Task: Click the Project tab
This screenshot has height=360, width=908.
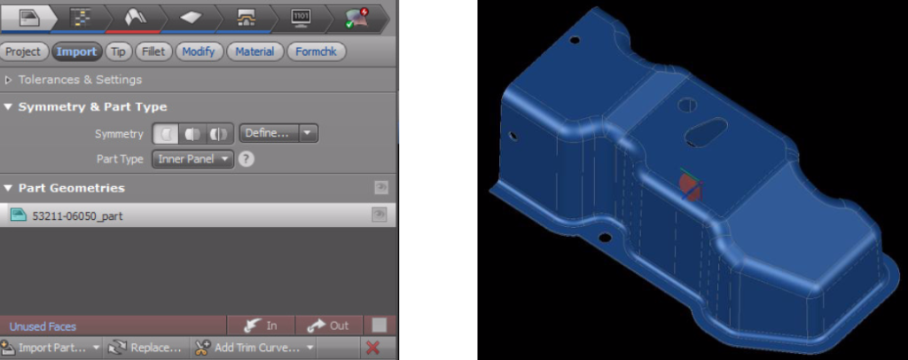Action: point(23,51)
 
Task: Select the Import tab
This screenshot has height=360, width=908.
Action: point(76,51)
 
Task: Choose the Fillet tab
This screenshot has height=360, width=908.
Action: point(153,51)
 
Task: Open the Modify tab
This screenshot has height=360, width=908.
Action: point(199,51)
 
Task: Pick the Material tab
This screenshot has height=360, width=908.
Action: point(254,51)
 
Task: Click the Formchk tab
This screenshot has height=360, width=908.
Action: point(316,51)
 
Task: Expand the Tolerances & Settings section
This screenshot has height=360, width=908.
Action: point(80,80)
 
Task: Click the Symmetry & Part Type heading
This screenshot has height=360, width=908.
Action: point(92,107)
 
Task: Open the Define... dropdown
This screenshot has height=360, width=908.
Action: point(278,134)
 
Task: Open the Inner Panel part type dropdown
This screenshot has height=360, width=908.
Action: point(192,160)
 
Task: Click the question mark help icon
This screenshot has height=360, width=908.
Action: point(247,160)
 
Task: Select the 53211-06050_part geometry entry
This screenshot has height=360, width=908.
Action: point(78,215)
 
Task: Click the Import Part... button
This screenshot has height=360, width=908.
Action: point(51,348)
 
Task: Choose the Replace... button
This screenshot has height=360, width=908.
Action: point(145,348)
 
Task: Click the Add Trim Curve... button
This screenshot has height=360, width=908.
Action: point(254,348)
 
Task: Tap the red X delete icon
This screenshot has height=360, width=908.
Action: point(372,348)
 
